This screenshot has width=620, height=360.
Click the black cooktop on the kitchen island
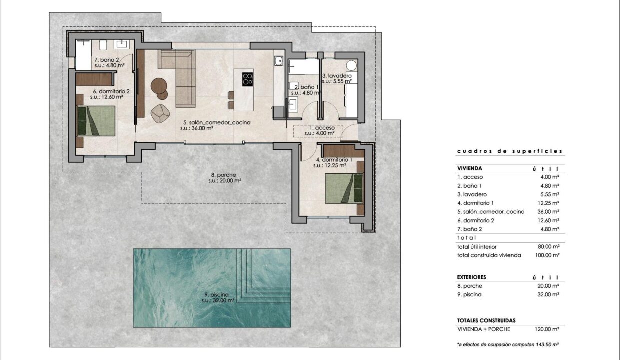(247, 79)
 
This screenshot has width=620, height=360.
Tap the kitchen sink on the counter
(278, 61)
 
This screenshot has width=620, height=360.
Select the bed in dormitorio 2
(96, 121)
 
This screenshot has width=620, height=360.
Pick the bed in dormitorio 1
(344, 188)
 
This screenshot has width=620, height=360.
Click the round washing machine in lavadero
(351, 65)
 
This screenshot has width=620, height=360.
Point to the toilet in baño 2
(103, 45)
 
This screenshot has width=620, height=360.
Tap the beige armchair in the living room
(160, 113)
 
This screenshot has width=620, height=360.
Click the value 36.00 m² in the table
(548, 211)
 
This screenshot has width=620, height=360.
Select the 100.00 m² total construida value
(547, 255)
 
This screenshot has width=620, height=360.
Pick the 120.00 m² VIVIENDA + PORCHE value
(547, 329)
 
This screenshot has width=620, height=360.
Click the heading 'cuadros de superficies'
(510, 151)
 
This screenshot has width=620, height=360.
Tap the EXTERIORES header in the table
(471, 277)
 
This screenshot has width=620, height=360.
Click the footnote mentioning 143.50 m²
(508, 345)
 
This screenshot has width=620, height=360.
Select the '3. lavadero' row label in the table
(472, 194)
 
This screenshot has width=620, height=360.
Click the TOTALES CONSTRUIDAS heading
(486, 320)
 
